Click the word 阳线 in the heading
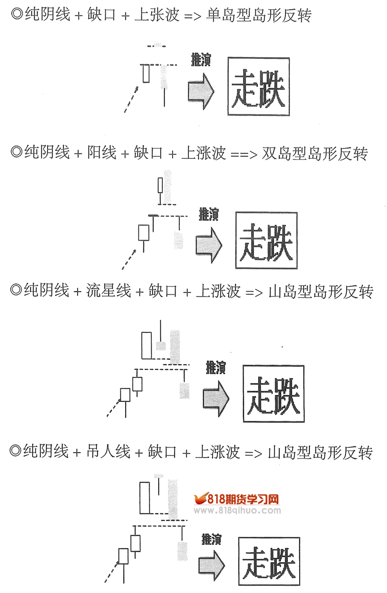tap(102, 153)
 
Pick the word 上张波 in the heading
tap(157, 16)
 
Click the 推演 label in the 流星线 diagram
tap(215, 367)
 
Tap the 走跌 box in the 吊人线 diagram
tap(269, 561)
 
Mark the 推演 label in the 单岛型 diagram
tap(200, 59)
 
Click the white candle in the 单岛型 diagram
tap(146, 73)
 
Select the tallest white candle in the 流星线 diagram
tap(147, 346)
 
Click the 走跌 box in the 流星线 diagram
tap(273, 394)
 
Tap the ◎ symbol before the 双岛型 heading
tap(16, 153)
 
